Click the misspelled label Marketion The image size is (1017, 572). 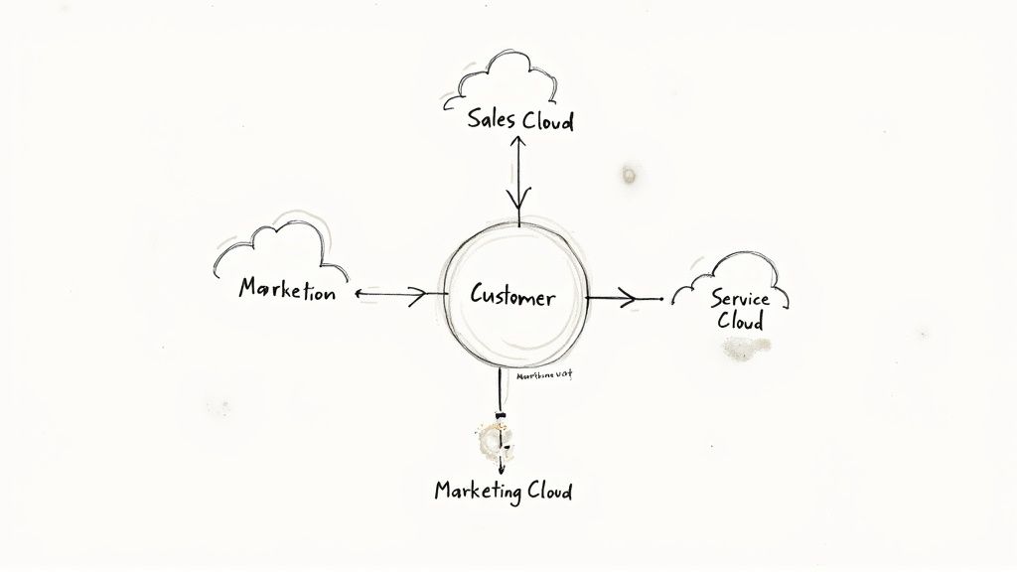287,291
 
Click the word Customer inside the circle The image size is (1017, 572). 512,296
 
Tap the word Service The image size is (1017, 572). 741,298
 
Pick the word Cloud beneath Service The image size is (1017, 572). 740,322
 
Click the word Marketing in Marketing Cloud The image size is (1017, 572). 476,491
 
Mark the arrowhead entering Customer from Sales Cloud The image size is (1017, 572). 517,204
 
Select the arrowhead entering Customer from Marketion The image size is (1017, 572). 418,294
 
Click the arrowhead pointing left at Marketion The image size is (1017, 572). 359,294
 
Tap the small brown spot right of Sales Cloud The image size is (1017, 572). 629,176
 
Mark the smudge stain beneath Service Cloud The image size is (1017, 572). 744,347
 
